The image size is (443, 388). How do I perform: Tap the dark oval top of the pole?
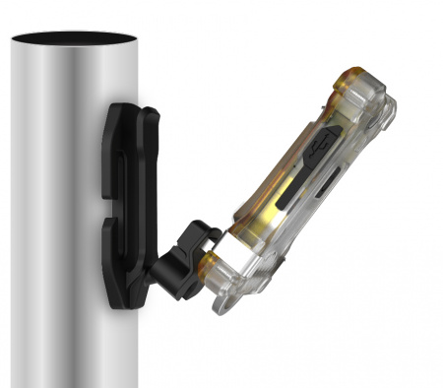coord(75,38)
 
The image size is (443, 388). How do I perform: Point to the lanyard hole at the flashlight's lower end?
coord(224,305)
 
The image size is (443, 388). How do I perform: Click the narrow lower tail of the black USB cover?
coord(286,197)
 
